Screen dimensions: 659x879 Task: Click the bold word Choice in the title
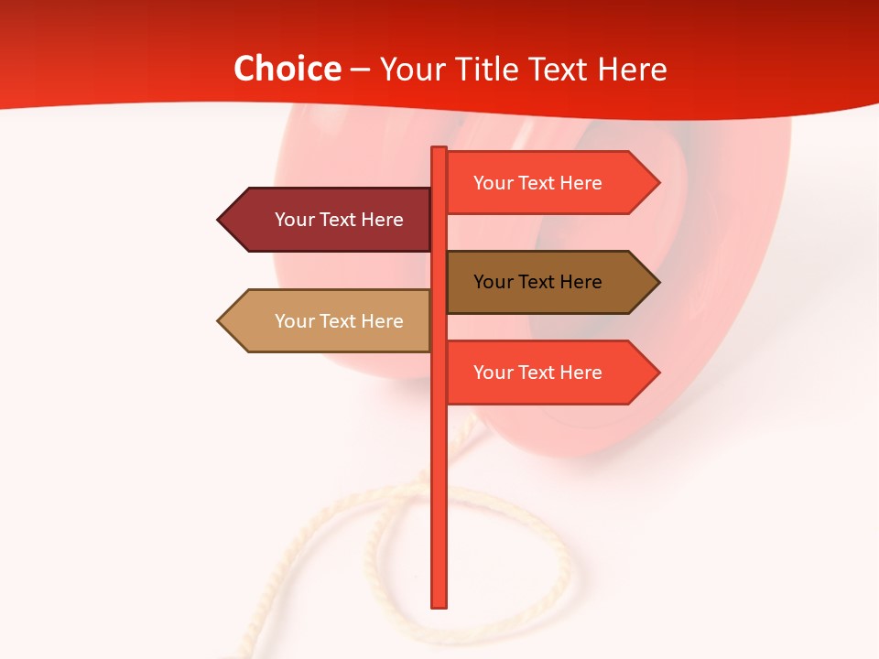point(287,70)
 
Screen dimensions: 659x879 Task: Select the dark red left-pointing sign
point(330,220)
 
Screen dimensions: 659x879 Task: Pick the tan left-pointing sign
point(330,321)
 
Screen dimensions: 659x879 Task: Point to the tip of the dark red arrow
point(220,220)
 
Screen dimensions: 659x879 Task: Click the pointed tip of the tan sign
point(220,321)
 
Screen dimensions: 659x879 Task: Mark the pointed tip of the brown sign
point(657,282)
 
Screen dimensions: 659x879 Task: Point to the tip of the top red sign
point(657,183)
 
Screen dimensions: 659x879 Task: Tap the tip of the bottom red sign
point(657,373)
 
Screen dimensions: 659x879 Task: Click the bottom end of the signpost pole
point(439,604)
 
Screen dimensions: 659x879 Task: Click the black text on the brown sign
point(537,282)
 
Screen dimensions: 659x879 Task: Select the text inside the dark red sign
point(339,220)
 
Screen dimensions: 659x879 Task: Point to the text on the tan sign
point(339,321)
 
